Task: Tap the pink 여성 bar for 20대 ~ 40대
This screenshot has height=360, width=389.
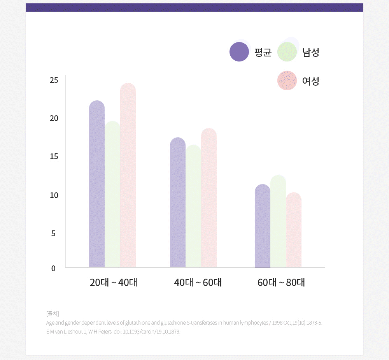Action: point(128,175)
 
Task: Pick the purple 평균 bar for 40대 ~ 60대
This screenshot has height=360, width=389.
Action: point(178,202)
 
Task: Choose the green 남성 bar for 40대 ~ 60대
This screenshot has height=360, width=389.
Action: point(193,206)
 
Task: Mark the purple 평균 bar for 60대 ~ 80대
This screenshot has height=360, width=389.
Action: point(263,226)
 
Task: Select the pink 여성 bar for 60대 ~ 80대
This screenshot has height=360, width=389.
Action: point(294,230)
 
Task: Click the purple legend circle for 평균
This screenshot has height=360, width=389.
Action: point(239,52)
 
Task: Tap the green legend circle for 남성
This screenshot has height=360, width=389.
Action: point(287,52)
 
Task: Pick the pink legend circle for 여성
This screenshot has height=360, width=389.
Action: point(287,81)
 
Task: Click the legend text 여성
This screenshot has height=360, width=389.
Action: point(310,81)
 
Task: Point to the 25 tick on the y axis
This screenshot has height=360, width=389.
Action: point(54,80)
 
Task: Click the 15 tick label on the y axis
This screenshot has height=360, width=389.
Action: point(54,156)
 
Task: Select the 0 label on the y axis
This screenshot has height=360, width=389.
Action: point(53,268)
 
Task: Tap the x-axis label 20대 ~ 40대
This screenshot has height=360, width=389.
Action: point(113,283)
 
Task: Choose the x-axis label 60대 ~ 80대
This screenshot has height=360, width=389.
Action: point(281,283)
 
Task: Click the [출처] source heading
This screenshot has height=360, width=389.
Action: point(53,313)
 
